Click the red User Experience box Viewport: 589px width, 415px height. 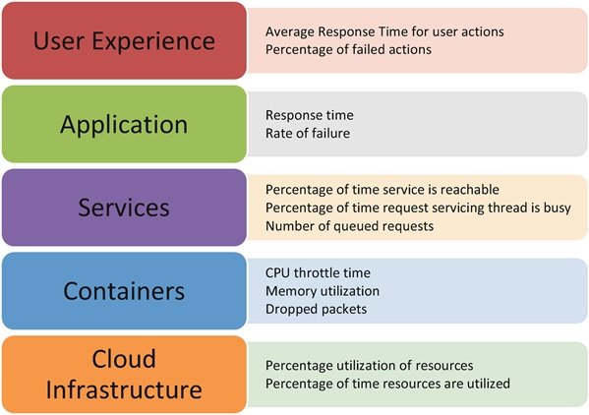(124, 40)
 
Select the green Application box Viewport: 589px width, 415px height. (124, 124)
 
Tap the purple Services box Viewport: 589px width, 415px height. (124, 207)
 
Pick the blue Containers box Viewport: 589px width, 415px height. (124, 291)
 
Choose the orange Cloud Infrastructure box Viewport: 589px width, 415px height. (124, 374)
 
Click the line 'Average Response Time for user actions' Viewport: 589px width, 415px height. (384, 31)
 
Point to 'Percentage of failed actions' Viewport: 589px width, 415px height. (348, 49)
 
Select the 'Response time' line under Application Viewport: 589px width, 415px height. (309, 115)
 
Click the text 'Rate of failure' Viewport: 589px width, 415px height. (308, 134)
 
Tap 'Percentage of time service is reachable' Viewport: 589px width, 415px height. (383, 190)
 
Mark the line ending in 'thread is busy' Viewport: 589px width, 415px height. (418, 208)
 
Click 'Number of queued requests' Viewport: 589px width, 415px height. (349, 226)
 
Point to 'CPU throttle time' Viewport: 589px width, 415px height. (318, 273)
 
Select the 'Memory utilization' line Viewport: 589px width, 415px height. (323, 291)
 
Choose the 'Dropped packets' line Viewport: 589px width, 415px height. (316, 310)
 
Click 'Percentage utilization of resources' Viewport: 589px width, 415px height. (370, 366)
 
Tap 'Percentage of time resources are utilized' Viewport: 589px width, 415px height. (387, 384)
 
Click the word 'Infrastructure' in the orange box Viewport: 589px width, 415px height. (124, 389)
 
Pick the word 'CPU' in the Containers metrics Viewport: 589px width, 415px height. (277, 273)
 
